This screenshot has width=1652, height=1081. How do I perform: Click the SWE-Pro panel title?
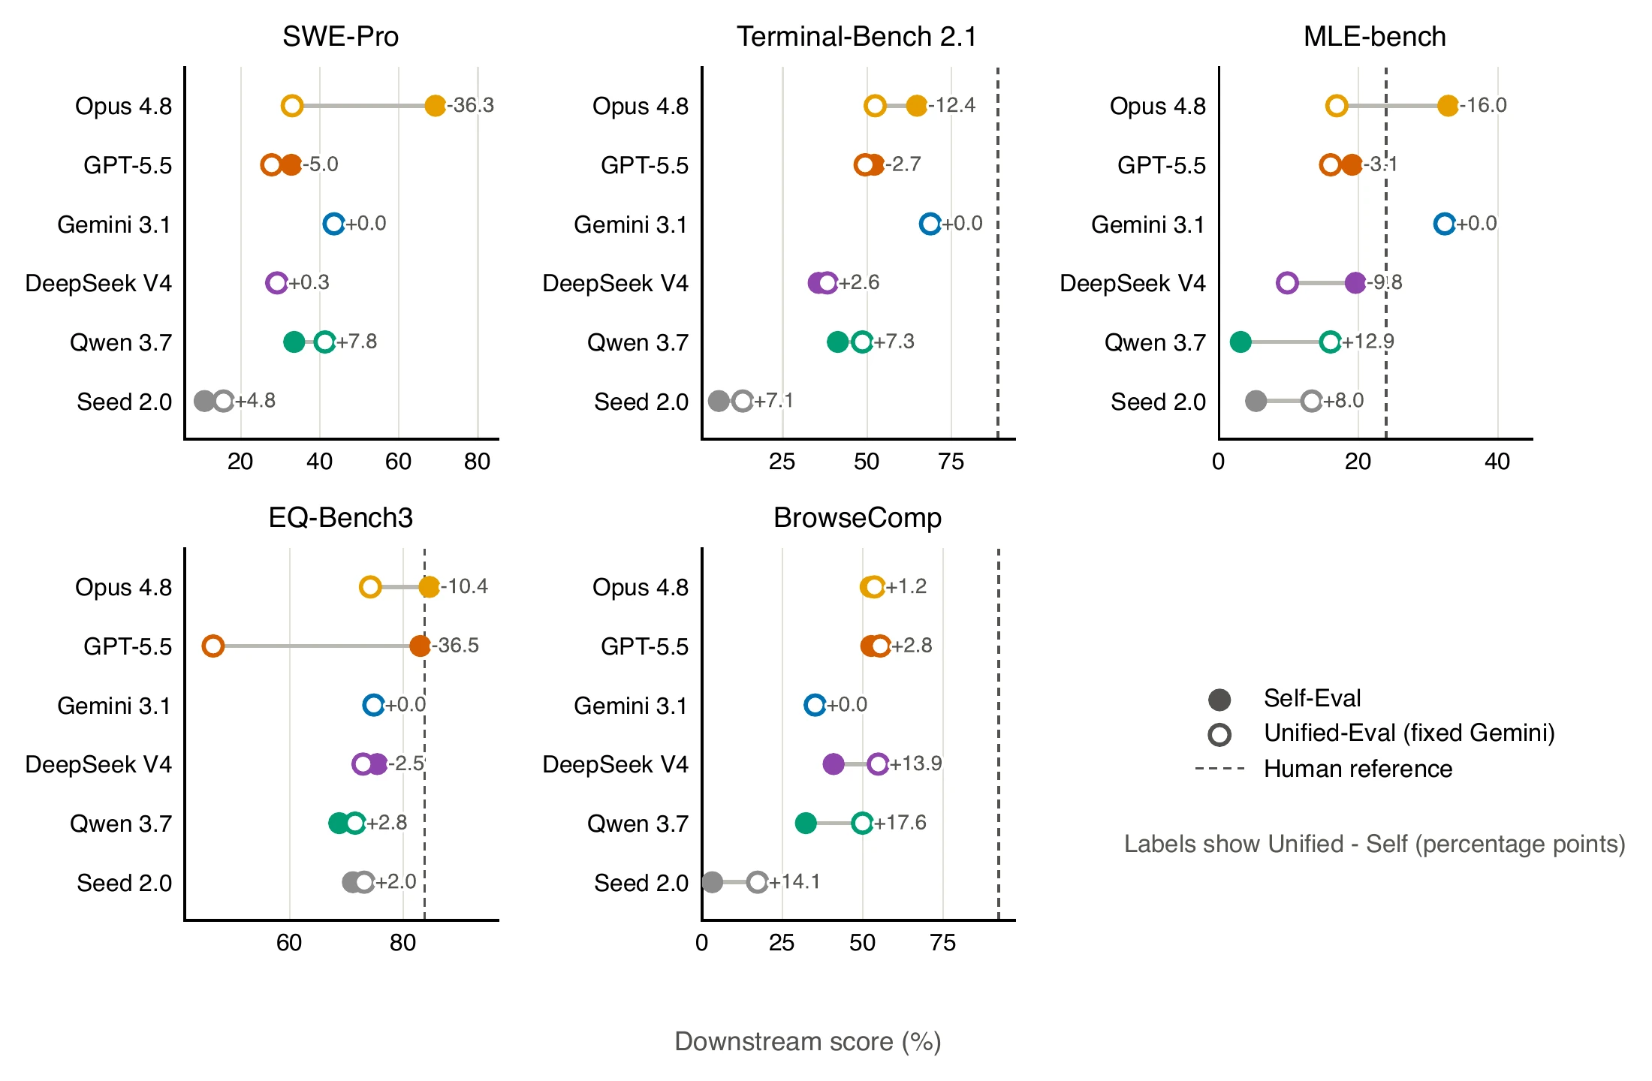pos(340,36)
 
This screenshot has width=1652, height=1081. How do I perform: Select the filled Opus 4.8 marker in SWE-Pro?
pos(435,106)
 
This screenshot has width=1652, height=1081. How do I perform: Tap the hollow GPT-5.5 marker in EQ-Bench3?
pos(213,646)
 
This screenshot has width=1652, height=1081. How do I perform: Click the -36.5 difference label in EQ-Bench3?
pos(455,646)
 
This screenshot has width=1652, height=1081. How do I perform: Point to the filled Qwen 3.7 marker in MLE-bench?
pos(1241,342)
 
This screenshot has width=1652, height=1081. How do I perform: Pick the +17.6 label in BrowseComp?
pos(900,823)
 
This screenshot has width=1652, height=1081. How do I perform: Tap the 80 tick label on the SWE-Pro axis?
pos(478,461)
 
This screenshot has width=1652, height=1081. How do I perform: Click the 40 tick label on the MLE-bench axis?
pos(1497,461)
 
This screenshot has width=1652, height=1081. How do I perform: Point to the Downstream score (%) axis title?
pos(808,1041)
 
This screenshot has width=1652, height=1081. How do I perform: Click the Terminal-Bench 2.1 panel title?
pos(857,36)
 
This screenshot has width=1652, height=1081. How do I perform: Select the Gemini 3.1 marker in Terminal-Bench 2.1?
pos(930,224)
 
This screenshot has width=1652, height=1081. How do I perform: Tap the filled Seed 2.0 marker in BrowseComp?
pos(712,882)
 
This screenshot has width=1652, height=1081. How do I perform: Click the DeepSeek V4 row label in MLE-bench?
pos(1132,283)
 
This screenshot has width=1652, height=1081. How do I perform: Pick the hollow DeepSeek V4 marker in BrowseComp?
pos(878,764)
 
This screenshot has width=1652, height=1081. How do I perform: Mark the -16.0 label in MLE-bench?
pos(1483,105)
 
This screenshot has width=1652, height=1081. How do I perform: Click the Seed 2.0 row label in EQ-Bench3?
pos(124,883)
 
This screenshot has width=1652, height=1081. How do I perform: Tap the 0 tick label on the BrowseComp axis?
pos(702,942)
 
